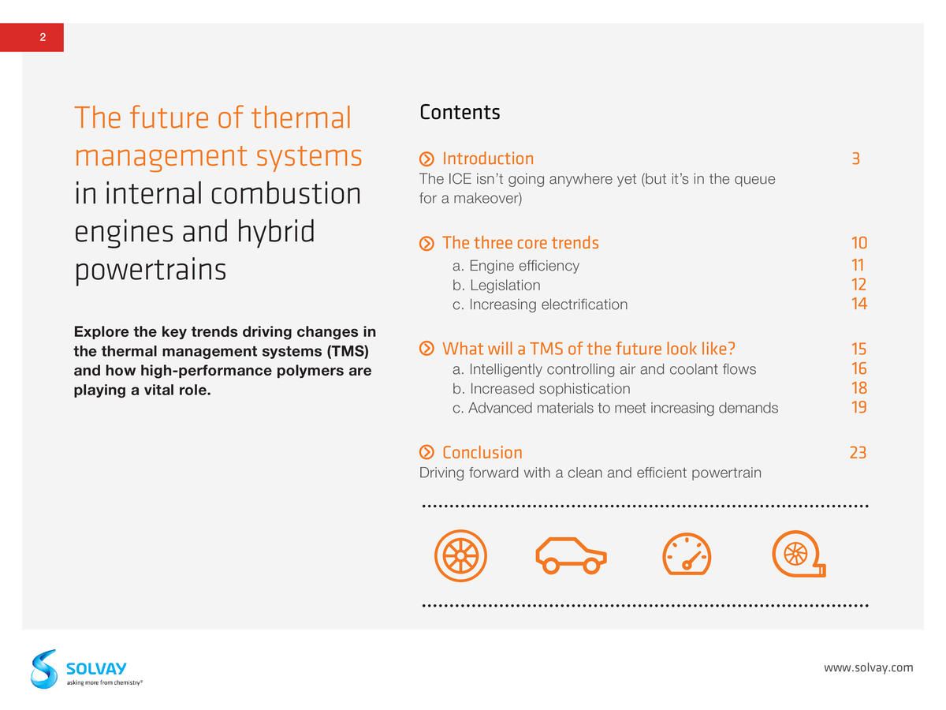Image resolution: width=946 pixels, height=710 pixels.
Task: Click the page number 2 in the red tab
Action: pos(43,37)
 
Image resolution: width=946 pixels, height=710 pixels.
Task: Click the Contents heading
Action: pos(460,113)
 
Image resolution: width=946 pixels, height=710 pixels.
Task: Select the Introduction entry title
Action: pos(488,159)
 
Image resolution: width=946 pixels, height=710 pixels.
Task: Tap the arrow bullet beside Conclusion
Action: pos(426,452)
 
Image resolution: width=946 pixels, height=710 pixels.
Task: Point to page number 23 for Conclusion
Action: pos(858,453)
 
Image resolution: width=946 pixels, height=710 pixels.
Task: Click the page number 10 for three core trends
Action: pos(859,243)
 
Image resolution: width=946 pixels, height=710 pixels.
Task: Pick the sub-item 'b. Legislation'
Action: pos(496,285)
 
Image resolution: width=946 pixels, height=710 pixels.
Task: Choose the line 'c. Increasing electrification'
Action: pos(539,305)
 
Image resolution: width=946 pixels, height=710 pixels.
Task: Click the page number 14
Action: pos(859,304)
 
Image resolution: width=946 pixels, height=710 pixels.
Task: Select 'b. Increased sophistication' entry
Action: pos(541,388)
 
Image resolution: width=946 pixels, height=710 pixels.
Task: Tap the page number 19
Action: pos(859,407)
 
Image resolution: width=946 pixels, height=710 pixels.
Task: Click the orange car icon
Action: pos(571,555)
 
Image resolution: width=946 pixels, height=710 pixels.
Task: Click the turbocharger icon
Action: pos(799,554)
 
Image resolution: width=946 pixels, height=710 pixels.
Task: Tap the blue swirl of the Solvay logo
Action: pos(44,670)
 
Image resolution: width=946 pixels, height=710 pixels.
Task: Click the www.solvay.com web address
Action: pos(868,667)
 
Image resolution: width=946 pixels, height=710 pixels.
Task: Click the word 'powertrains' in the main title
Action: pos(151,271)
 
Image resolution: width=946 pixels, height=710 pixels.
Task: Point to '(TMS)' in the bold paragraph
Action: pos(348,351)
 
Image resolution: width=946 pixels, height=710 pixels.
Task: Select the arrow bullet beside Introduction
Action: pos(426,159)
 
